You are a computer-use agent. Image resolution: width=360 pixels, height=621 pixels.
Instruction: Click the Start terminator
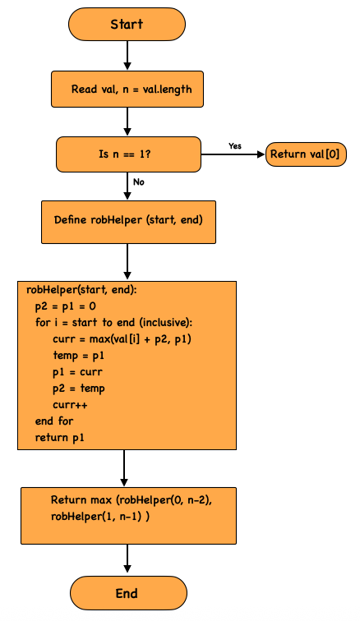(127, 24)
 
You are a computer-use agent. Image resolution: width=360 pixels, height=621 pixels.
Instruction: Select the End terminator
(128, 593)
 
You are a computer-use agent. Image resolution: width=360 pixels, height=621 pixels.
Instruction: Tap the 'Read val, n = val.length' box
(127, 89)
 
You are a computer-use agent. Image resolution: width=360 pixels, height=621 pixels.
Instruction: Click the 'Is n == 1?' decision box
(128, 154)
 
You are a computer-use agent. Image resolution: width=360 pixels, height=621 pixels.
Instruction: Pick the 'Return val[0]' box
(306, 154)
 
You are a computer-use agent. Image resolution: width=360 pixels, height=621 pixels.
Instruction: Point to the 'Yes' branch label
(235, 146)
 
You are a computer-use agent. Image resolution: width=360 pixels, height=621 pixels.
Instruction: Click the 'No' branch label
(139, 182)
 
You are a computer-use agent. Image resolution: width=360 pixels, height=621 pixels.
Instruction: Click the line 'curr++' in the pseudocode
(70, 405)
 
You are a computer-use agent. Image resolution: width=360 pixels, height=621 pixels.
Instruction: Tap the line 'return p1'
(59, 438)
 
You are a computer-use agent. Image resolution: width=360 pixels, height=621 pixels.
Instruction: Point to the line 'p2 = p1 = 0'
(66, 306)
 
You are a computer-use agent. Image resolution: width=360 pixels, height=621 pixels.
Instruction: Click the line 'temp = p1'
(79, 356)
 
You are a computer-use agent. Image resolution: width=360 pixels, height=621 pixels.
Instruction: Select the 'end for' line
(54, 421)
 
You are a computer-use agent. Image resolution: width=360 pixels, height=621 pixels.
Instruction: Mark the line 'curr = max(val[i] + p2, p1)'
(122, 339)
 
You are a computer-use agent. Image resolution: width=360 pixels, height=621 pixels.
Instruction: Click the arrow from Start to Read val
(127, 56)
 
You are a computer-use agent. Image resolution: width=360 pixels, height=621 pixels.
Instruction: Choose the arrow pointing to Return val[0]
(233, 154)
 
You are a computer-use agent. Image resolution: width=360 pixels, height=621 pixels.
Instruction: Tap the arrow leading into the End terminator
(127, 559)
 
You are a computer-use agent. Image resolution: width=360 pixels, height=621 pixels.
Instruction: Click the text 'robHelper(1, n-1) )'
(100, 517)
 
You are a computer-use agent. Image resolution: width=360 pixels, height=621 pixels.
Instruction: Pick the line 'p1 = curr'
(77, 372)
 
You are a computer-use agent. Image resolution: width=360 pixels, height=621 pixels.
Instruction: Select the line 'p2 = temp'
(79, 389)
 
